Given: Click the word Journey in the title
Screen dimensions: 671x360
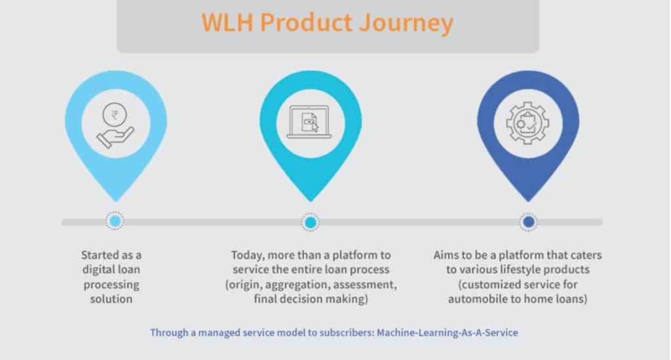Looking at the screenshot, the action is click(406, 24).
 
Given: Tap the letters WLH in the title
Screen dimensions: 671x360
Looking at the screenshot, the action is click(227, 22).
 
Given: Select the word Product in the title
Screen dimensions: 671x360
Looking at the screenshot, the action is click(306, 22).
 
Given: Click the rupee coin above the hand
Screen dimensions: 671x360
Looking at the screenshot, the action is click(114, 114).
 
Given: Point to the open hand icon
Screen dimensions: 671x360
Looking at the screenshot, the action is click(115, 138).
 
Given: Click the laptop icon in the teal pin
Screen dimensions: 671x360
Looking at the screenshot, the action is click(309, 122).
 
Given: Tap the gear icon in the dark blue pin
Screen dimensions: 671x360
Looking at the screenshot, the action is click(527, 123).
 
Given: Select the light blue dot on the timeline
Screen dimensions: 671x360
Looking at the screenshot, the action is click(115, 221).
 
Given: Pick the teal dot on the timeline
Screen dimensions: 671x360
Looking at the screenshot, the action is click(310, 222).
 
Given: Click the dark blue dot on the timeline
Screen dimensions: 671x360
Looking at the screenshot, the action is click(529, 222).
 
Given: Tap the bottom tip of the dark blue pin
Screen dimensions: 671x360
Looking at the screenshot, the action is click(528, 201).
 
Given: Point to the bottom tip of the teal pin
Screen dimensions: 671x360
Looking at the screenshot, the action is click(311, 201).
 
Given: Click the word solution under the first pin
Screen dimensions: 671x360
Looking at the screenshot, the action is click(111, 299).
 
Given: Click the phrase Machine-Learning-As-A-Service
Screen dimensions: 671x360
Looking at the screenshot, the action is click(447, 332).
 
